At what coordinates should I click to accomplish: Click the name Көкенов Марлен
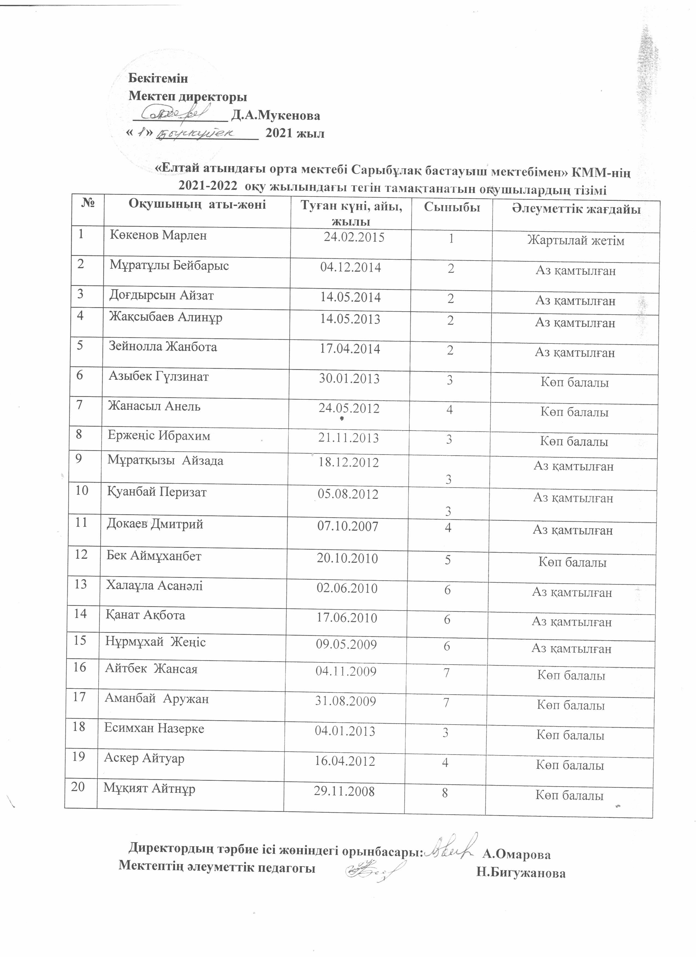click(158, 235)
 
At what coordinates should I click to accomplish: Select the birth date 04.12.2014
click(350, 268)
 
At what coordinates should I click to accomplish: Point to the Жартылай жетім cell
click(576, 241)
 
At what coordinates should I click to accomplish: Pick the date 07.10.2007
click(348, 527)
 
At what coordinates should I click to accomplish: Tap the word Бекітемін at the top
click(158, 79)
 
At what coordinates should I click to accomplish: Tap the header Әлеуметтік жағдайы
click(576, 209)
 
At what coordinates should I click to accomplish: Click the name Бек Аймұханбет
click(154, 556)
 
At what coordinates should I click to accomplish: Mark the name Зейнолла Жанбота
click(163, 347)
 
